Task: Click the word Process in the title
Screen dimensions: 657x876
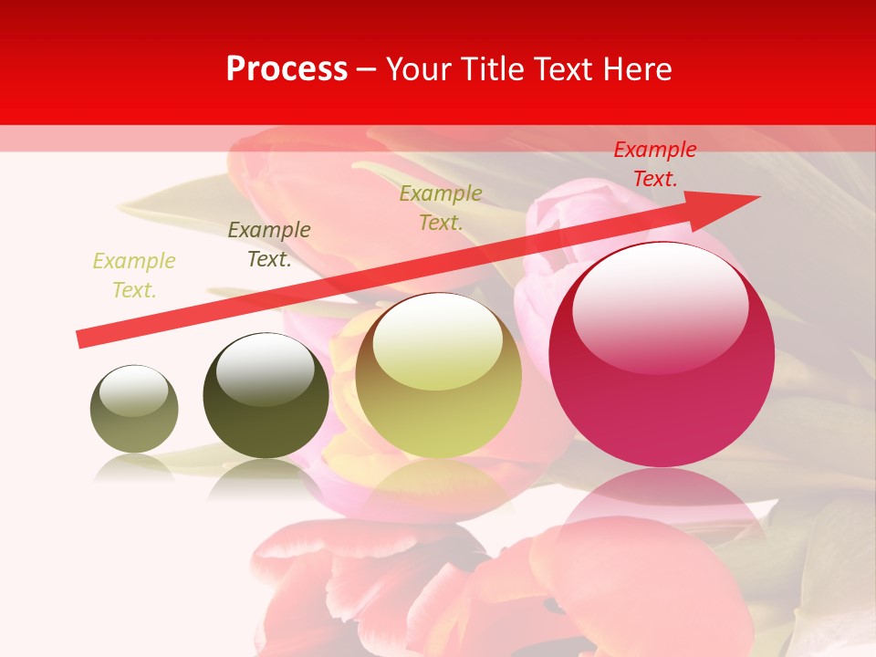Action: coord(287,69)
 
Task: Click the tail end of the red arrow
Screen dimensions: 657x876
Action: coord(82,339)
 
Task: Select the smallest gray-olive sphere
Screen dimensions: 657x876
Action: coord(134,409)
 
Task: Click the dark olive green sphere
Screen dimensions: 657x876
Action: coord(266,395)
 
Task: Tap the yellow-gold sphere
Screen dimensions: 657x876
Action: coord(438,375)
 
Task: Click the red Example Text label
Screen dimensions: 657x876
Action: coord(654,164)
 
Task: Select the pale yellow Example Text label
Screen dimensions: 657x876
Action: coord(134,276)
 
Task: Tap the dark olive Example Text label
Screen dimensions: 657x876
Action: coord(268,245)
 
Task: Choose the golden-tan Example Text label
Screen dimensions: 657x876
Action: coord(441,208)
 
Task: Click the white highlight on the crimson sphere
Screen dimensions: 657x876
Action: coord(660,306)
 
